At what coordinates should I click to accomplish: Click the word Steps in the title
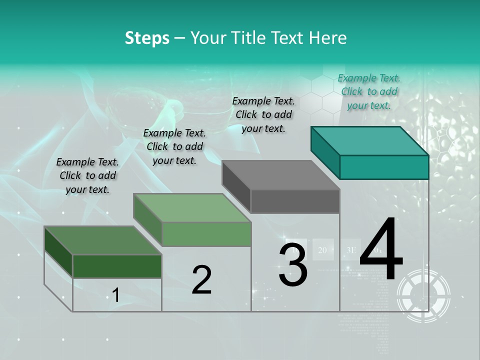pyautogui.click(x=147, y=38)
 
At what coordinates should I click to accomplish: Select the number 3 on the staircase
pyautogui.click(x=293, y=265)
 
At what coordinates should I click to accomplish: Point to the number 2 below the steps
pyautogui.click(x=201, y=280)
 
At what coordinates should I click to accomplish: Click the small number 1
pyautogui.click(x=115, y=295)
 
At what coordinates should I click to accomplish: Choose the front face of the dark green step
pyautogui.click(x=117, y=266)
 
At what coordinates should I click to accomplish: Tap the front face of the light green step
pyautogui.click(x=206, y=234)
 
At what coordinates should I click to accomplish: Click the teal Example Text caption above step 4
pyautogui.click(x=369, y=91)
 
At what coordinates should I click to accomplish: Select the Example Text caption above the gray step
pyautogui.click(x=263, y=114)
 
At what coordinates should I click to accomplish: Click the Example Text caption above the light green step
pyautogui.click(x=174, y=146)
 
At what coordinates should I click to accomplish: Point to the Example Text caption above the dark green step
pyautogui.click(x=87, y=175)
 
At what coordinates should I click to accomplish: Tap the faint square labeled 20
pyautogui.click(x=322, y=250)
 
